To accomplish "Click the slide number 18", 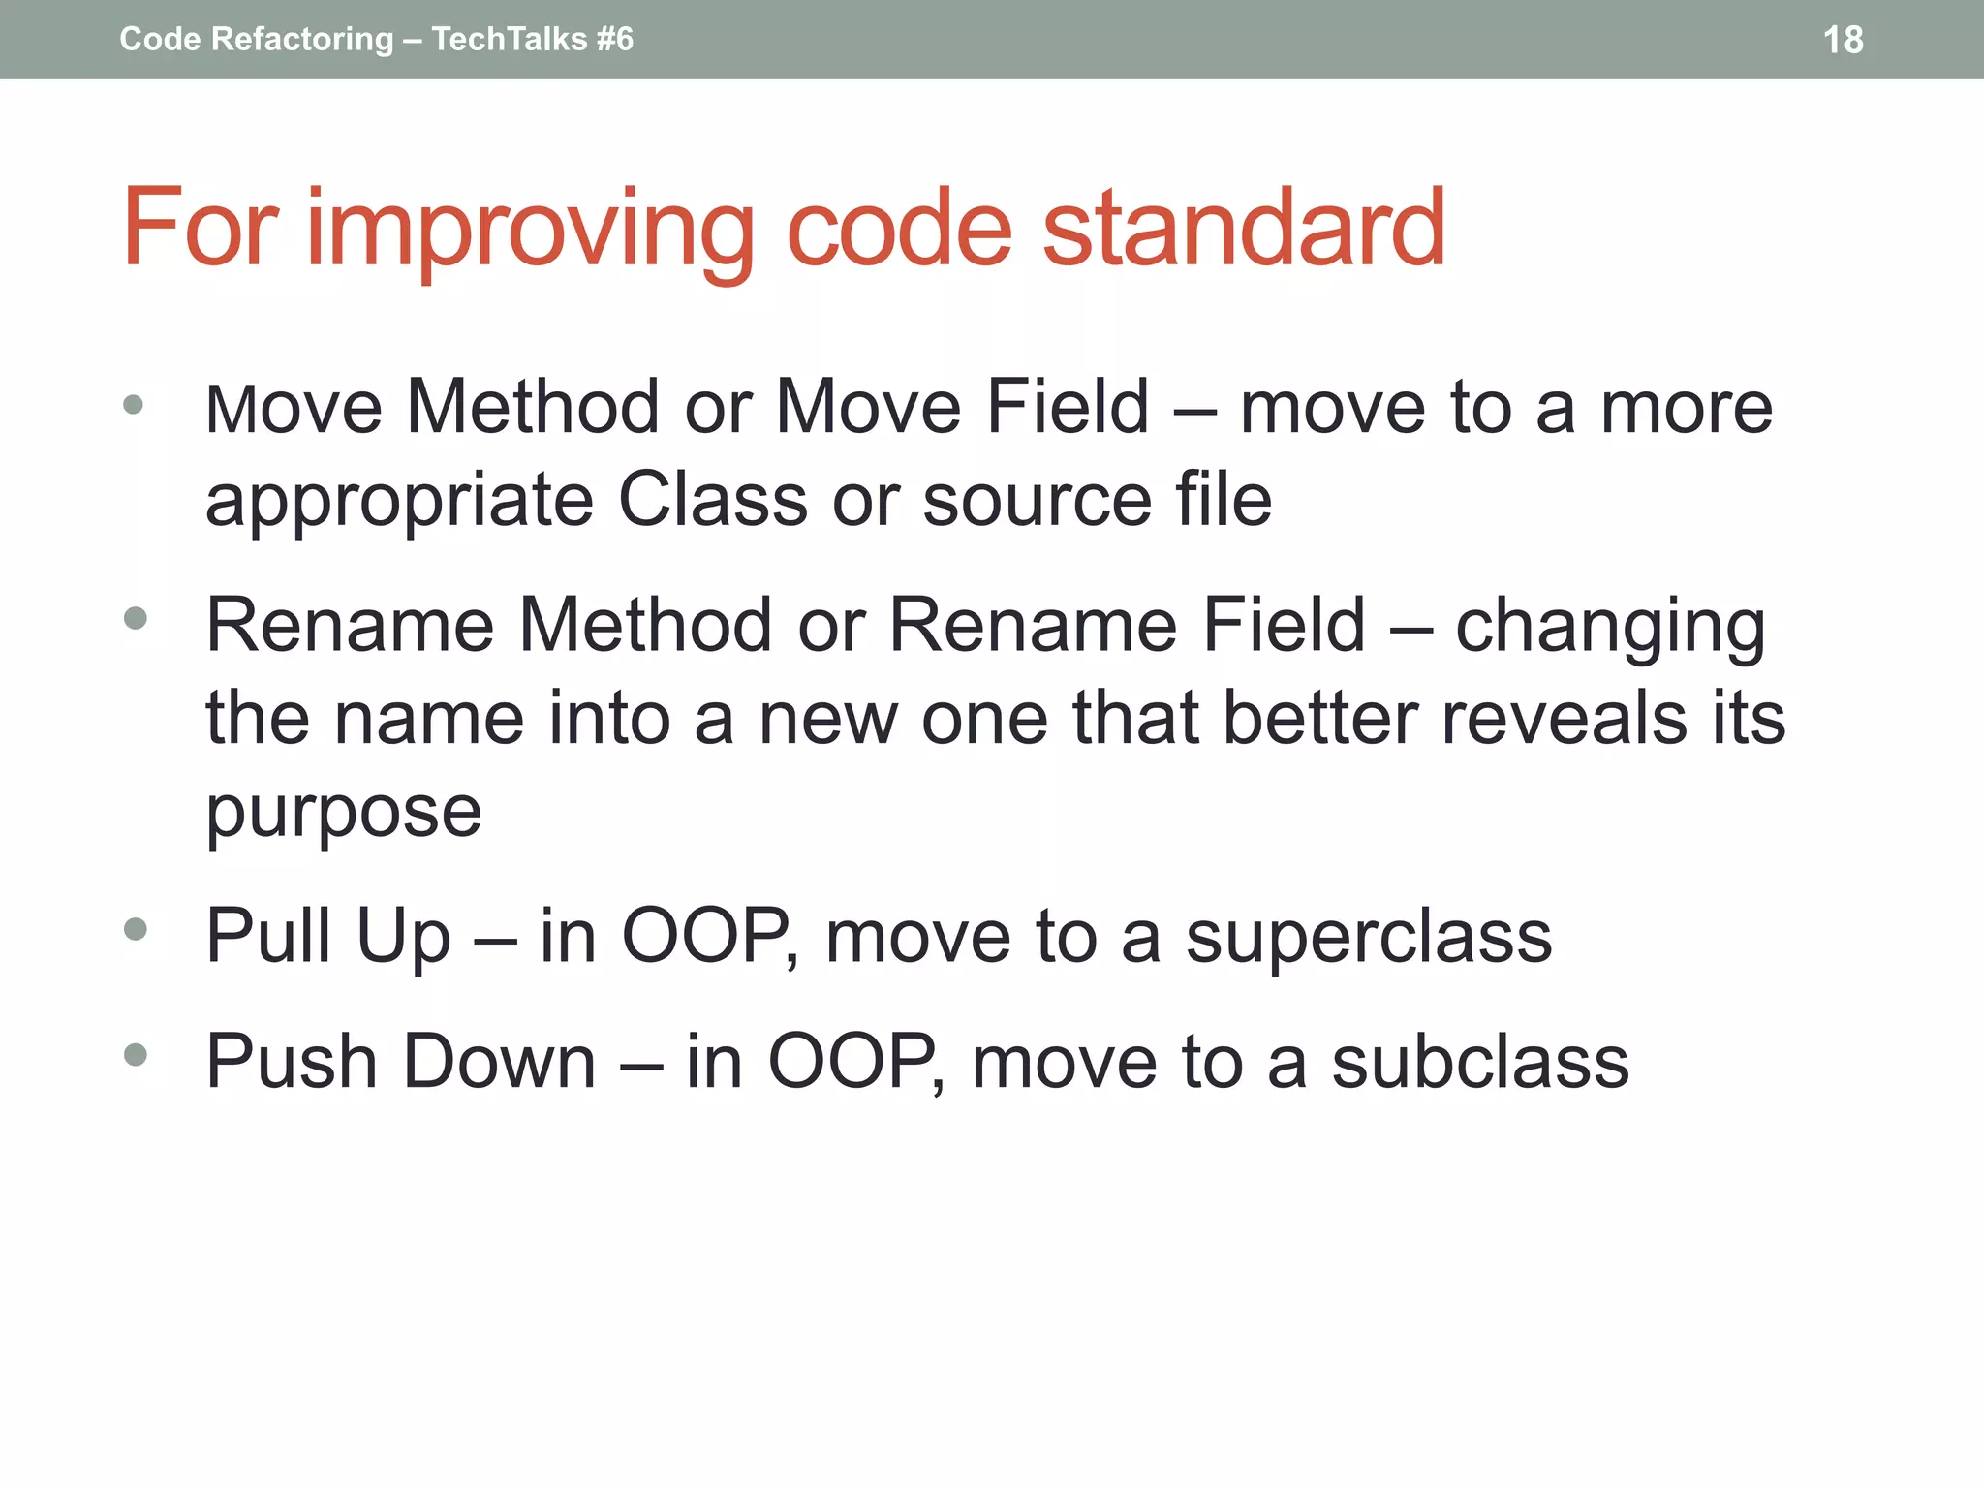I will tap(1843, 40).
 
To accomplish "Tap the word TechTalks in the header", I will tap(510, 39).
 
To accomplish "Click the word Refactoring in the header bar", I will tap(302, 39).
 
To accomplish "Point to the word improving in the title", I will tap(531, 231).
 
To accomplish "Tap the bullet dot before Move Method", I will tap(134, 405).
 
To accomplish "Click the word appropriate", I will tap(399, 503).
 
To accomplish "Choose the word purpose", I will tap(343, 814).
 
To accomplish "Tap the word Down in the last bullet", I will tap(498, 1062).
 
